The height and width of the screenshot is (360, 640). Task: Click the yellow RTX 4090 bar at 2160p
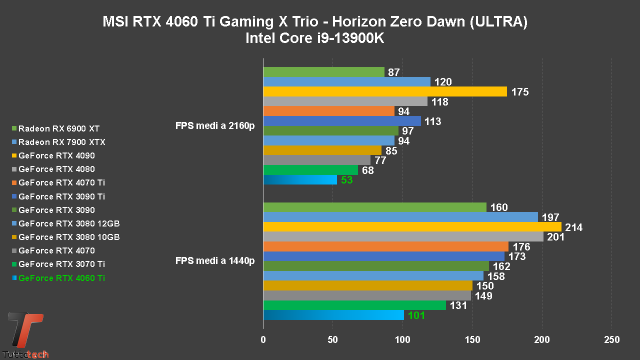click(384, 91)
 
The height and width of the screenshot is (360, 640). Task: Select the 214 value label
click(573, 227)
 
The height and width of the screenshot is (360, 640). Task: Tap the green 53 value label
click(347, 180)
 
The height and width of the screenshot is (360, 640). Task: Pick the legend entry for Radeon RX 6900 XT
click(59, 128)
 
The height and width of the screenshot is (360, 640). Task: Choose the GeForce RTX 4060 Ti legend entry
click(61, 278)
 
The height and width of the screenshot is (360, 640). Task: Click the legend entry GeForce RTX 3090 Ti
click(61, 196)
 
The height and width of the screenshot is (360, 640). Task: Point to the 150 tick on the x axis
click(472, 340)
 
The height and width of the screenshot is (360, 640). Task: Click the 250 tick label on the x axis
click(611, 340)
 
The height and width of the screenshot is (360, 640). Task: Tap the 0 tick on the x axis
click(263, 340)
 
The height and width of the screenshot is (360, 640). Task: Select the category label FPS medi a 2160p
click(215, 125)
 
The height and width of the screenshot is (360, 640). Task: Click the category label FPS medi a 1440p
click(215, 260)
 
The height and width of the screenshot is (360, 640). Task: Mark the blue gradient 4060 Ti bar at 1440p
click(333, 315)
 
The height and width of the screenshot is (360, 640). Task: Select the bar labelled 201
click(403, 237)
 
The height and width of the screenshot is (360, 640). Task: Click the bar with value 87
click(323, 72)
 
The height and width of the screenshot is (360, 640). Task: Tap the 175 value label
click(520, 92)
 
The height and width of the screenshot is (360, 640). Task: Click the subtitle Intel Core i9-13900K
click(314, 38)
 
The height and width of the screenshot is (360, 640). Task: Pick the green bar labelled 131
click(354, 305)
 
